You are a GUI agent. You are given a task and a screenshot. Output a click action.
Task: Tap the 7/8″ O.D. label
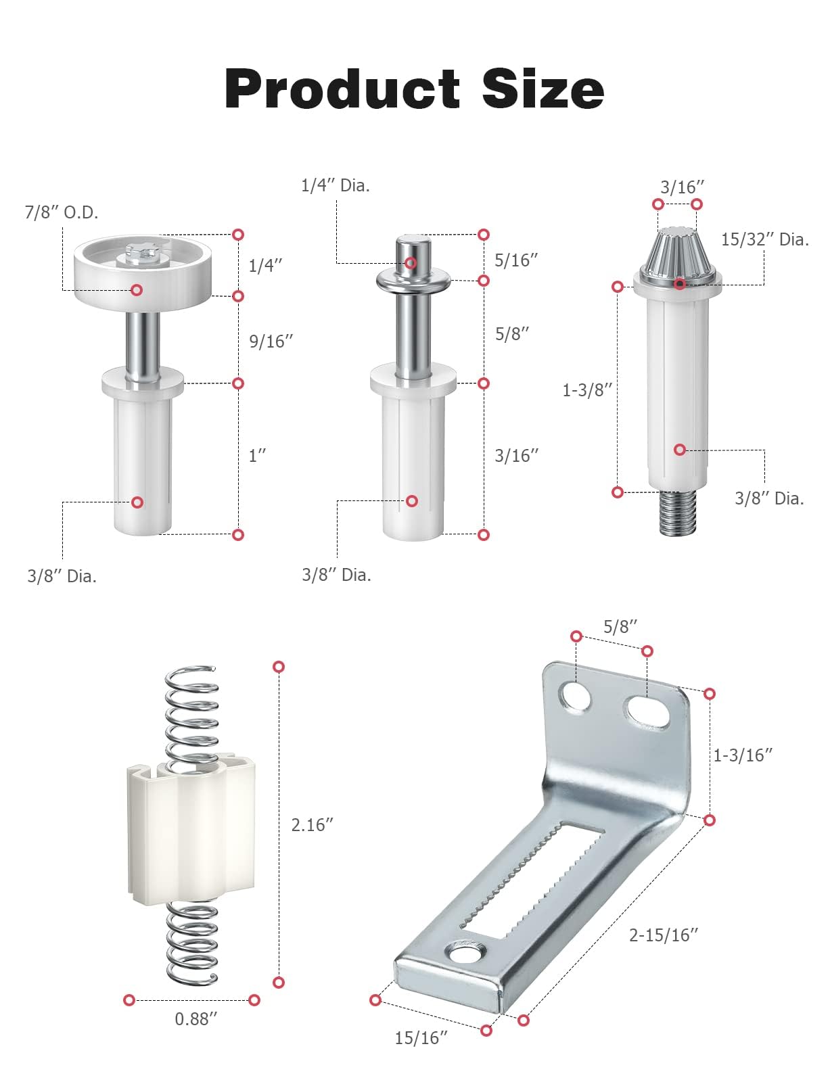pyautogui.click(x=62, y=212)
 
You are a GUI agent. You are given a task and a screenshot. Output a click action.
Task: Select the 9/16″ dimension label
pyautogui.click(x=271, y=341)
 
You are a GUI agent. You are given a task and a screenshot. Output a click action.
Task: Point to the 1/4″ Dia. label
pyautogui.click(x=335, y=185)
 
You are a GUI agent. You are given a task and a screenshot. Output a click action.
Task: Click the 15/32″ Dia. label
pyautogui.click(x=765, y=239)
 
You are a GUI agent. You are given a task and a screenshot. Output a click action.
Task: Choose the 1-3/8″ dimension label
pyautogui.click(x=587, y=390)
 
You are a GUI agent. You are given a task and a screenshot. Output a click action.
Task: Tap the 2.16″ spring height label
pyautogui.click(x=312, y=824)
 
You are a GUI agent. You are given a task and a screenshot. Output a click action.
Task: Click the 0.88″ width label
pyautogui.click(x=195, y=1018)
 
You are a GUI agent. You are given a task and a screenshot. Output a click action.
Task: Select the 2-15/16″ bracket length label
pyautogui.click(x=664, y=935)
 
